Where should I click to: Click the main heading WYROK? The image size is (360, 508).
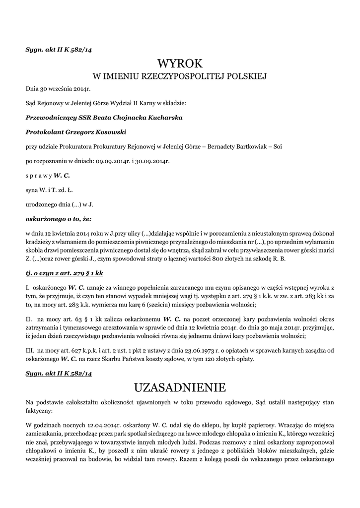coord(180,63)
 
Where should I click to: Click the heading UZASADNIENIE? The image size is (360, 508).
coord(180,386)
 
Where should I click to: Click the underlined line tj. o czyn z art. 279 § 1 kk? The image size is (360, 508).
coord(64,273)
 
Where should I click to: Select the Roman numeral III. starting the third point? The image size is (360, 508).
coord(30,350)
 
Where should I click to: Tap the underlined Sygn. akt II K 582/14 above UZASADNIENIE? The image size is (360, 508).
coord(59,373)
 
